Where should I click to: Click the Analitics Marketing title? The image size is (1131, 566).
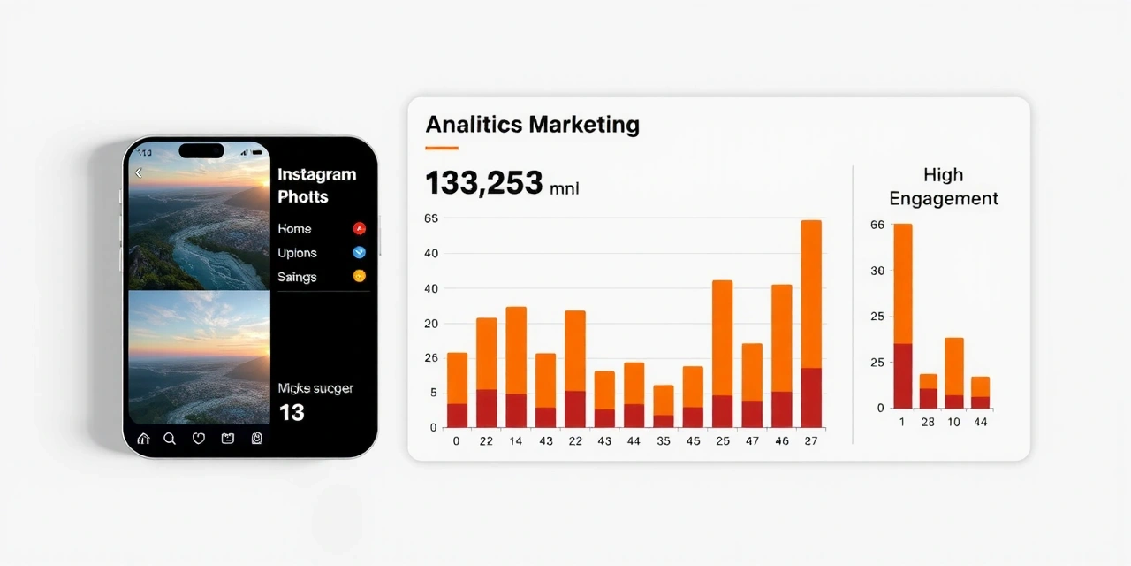532,125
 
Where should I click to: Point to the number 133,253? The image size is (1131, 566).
483,183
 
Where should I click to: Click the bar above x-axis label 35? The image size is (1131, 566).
664,406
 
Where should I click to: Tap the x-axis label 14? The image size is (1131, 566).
515,440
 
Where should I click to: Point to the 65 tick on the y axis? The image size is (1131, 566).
431,218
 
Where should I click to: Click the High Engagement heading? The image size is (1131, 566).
943,187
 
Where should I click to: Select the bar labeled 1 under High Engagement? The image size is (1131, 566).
902,316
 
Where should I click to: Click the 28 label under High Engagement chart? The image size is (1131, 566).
928,423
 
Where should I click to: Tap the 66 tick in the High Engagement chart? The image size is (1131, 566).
877,225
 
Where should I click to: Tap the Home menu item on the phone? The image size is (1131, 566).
294,229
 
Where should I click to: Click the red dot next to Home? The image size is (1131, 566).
359,228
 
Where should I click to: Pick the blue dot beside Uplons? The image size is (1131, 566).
359,252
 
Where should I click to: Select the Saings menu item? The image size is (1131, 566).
297,277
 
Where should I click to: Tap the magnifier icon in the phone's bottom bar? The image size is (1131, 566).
170,438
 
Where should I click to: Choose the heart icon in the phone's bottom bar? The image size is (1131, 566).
199,438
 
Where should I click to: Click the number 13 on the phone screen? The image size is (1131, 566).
292,412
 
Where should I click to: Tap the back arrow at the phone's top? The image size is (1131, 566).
139,173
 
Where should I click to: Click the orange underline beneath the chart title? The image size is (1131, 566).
442,148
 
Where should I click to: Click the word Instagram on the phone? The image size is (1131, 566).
316,175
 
